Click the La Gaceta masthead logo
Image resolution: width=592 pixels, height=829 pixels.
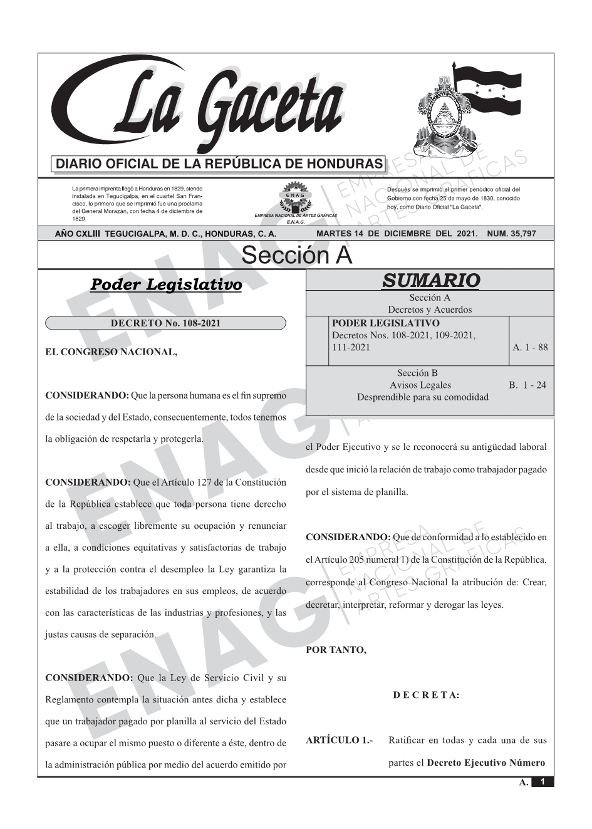point(200,107)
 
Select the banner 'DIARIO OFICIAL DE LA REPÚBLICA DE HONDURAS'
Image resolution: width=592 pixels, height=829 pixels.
point(219,164)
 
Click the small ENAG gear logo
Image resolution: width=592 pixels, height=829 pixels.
point(295,195)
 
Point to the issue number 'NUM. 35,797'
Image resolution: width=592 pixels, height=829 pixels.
point(511,234)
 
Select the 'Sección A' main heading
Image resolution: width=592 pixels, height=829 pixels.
point(296,256)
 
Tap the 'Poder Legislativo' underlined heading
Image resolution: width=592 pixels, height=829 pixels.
point(166,285)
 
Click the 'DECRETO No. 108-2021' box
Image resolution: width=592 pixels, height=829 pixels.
point(165,323)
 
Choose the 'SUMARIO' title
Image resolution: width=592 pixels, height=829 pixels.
point(430,281)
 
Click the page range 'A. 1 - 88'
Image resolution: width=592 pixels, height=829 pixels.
point(530,347)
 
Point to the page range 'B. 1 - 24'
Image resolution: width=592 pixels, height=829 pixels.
point(527,385)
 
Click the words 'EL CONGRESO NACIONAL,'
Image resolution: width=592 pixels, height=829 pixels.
point(112,352)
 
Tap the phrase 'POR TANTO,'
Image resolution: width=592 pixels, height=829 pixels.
point(336,650)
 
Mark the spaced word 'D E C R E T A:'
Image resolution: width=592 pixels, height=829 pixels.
point(426,695)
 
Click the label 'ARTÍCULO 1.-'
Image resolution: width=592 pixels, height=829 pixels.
point(339,741)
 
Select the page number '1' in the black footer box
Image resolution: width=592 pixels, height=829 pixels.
point(543,782)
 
